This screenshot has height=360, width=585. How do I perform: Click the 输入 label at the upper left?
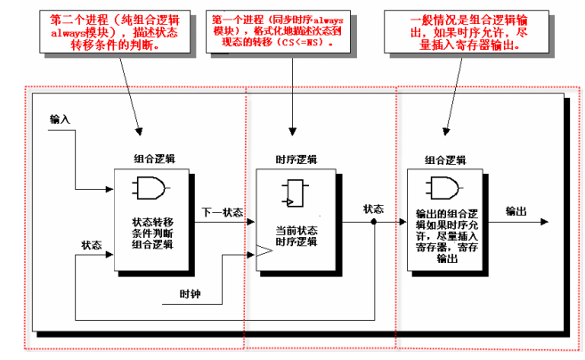point(61,119)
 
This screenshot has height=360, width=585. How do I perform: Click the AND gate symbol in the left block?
point(146,188)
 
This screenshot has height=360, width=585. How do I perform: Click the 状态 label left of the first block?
point(92,244)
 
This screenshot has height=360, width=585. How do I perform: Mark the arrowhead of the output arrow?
point(542,224)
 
